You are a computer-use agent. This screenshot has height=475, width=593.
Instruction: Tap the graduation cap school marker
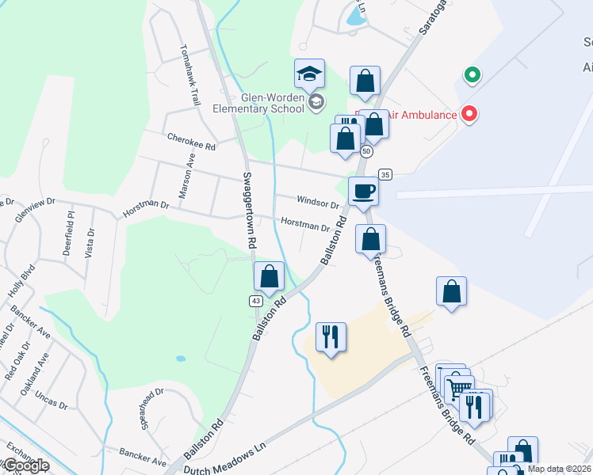pos(310,75)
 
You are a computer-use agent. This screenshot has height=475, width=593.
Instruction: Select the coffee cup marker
pos(363,192)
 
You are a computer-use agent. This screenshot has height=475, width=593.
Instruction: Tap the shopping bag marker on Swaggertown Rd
pos(269,276)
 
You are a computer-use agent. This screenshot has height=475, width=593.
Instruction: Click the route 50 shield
pos(366,150)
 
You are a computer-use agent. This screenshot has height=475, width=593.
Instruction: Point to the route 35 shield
pos(385,174)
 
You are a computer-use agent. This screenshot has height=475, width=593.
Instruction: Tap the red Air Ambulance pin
pos(469,114)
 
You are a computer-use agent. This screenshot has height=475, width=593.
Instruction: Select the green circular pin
pos(472,76)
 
